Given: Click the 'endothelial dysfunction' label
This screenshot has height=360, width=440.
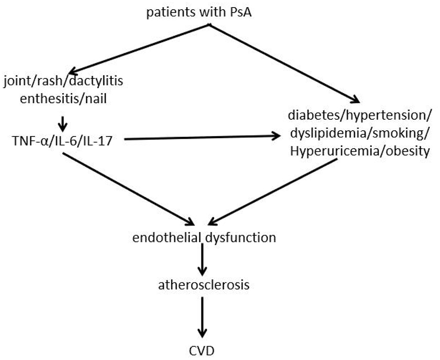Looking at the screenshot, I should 204,237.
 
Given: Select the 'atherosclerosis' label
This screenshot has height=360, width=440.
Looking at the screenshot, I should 204,284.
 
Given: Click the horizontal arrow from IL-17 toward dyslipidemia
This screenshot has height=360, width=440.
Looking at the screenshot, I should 200,138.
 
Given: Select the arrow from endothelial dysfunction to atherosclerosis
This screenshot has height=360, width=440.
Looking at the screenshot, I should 202,260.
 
